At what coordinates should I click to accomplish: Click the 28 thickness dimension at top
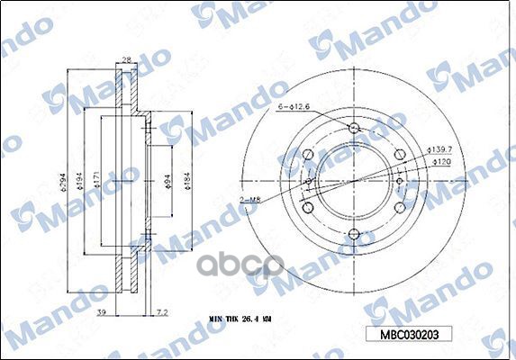click(125, 59)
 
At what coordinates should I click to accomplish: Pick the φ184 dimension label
click(187, 185)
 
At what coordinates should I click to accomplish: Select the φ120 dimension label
click(441, 161)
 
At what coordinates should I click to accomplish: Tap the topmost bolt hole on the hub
click(350, 125)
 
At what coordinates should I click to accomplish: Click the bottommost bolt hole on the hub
click(350, 236)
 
